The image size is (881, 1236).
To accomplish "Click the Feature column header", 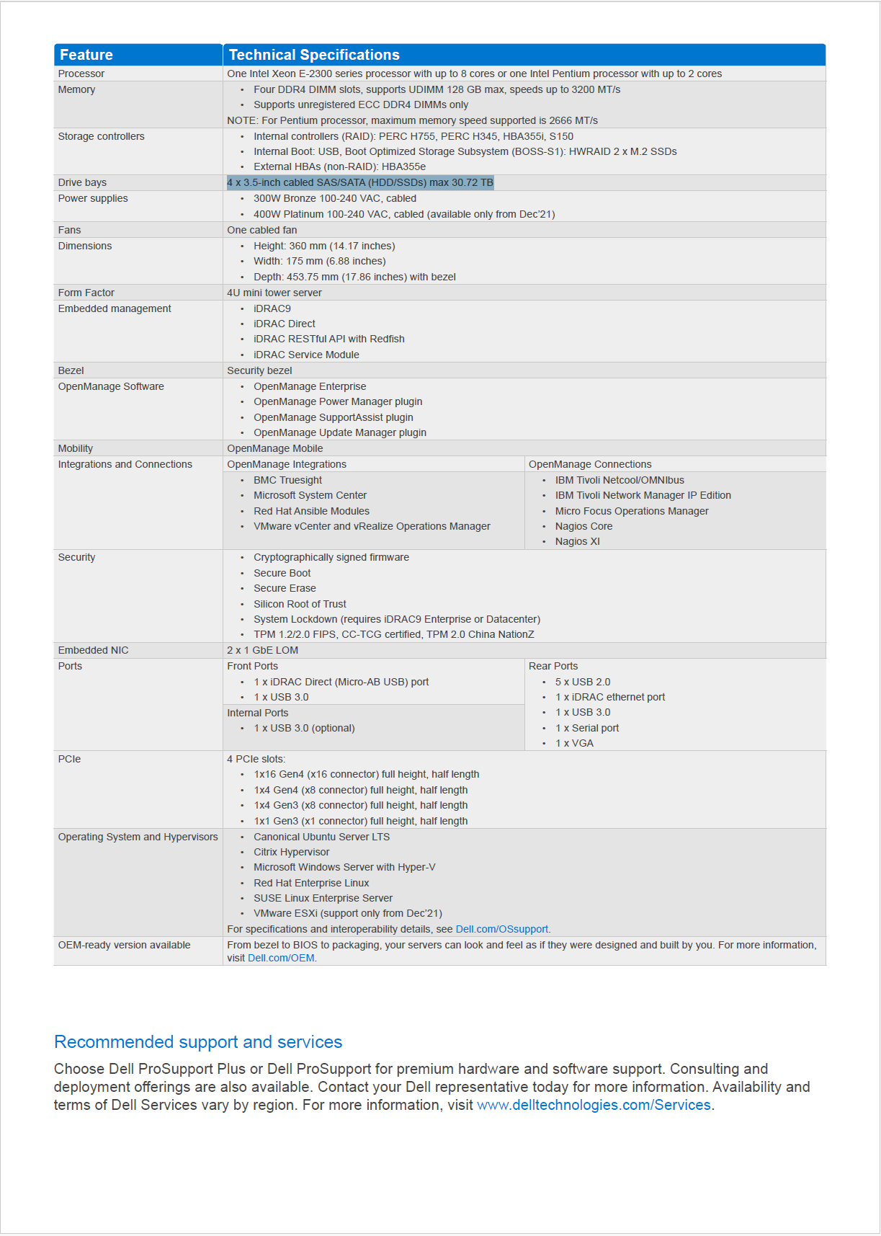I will [86, 55].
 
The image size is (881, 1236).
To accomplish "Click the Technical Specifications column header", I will [314, 55].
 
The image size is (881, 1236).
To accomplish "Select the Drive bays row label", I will [82, 183].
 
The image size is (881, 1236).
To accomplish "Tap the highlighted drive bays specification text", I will [360, 183].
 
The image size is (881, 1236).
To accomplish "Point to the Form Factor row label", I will [86, 293].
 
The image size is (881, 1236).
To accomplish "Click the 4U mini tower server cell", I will [274, 293].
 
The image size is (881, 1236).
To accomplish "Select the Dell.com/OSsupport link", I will [502, 930].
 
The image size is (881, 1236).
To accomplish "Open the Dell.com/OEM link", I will [281, 959].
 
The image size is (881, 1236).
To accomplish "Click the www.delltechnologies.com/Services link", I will [594, 1106].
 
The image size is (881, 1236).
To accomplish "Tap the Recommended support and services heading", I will [198, 1042].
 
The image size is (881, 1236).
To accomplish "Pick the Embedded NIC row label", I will [94, 650].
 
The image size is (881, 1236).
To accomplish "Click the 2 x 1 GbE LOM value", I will [263, 650].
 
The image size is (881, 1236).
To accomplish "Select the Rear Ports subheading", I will [553, 666].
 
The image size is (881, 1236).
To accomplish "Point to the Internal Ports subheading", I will [258, 713].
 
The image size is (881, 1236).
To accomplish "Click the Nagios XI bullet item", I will [577, 542].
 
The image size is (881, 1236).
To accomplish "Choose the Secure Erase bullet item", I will [285, 589].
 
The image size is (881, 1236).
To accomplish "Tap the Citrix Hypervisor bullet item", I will [292, 853].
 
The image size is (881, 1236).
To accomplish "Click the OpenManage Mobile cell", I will [275, 448].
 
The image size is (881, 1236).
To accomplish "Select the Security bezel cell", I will [260, 370].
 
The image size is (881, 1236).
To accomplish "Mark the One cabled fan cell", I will [262, 230].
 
